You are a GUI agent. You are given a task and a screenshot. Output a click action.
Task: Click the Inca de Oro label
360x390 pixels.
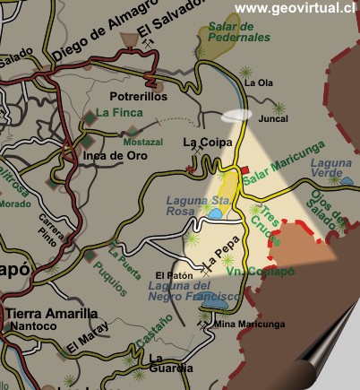click(115, 154)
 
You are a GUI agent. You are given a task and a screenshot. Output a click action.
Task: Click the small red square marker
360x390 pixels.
click(243, 169)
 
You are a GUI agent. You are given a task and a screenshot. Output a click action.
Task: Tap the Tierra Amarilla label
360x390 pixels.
click(51, 314)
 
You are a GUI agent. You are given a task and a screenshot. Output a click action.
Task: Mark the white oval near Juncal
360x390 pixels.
click(237, 116)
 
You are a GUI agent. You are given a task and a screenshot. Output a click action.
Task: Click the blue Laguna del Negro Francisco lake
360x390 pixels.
click(215, 303)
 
